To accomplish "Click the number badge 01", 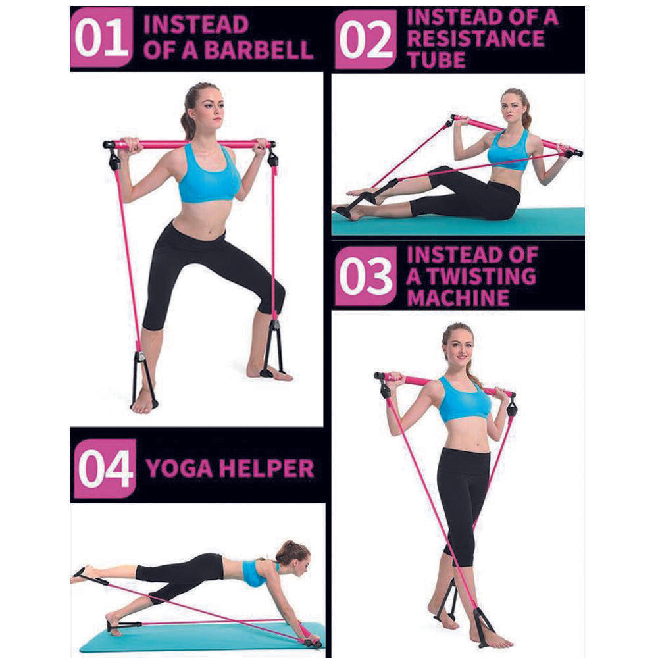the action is (101, 38).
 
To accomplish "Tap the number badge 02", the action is (365, 39).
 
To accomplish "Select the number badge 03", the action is (365, 276).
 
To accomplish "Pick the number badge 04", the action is (105, 468).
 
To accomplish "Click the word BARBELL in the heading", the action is (259, 51).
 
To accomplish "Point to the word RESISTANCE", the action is (476, 39).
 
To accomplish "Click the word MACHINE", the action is (458, 297).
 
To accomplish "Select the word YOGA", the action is (179, 468).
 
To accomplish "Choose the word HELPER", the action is (266, 468).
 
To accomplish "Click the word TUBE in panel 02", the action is (436, 60).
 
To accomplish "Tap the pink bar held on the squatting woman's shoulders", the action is (190, 144).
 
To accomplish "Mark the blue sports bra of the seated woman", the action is (508, 152).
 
